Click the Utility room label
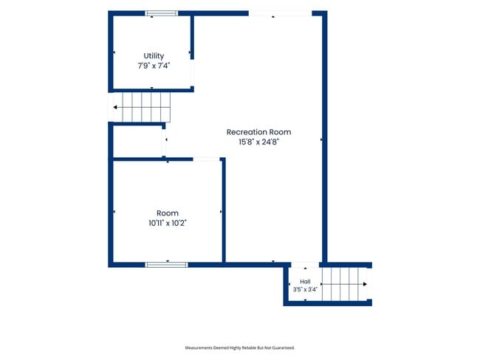point(154,55)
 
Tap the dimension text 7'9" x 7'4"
point(154,66)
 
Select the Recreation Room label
point(258,132)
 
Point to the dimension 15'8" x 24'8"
point(258,142)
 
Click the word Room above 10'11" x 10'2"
point(168,213)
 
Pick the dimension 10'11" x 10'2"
point(168,223)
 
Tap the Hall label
point(305,282)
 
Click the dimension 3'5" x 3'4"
point(305,289)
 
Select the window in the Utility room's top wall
point(161,13)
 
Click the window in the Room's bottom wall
point(167,265)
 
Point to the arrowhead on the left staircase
point(115,108)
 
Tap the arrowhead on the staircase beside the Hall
point(365,284)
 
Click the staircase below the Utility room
point(142,108)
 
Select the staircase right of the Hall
point(344,284)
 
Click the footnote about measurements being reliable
point(240,347)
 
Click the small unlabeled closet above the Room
point(138,141)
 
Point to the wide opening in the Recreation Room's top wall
point(280,13)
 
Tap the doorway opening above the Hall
point(305,265)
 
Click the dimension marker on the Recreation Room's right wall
point(321,139)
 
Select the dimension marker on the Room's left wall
point(114,212)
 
